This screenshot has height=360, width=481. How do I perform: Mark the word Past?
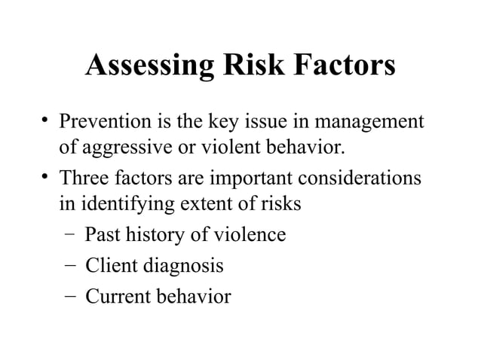tap(101, 235)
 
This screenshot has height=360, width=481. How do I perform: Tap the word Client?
tap(109, 266)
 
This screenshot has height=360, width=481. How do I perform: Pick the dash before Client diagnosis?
tap(69, 266)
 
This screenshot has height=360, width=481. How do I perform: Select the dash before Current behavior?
tap(69, 296)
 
